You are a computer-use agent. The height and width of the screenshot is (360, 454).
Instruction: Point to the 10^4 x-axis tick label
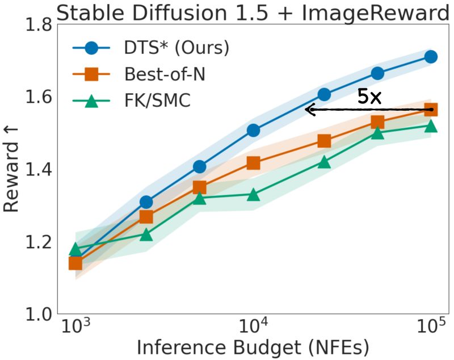(x=253, y=328)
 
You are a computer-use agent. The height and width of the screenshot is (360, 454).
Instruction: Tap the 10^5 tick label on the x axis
(x=431, y=328)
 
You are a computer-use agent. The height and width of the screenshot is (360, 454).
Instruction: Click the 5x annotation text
(x=369, y=97)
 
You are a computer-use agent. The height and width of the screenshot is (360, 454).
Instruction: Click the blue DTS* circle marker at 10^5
(x=431, y=57)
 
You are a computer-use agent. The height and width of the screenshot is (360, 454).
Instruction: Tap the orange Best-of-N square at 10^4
(x=253, y=164)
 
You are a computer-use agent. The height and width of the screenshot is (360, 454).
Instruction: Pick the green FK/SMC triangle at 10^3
(x=75, y=249)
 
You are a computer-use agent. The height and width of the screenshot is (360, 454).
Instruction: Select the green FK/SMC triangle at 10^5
(x=431, y=125)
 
